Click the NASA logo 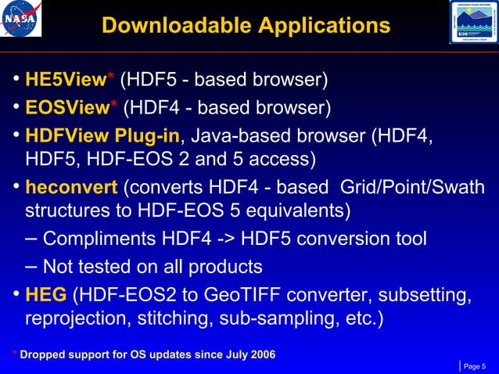click(x=22, y=20)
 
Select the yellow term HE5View click(x=65, y=80)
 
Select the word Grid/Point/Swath click(x=418, y=189)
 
